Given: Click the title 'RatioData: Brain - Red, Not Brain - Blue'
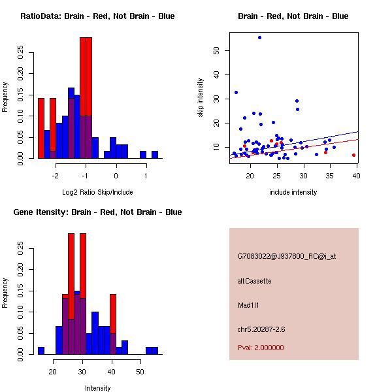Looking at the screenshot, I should coord(97,16).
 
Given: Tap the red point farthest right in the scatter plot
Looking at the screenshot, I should coord(353,155).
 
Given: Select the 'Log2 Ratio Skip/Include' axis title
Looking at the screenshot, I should coord(98,192).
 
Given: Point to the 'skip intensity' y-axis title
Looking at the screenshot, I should coord(201,98).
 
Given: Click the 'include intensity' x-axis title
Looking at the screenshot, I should coord(293,192).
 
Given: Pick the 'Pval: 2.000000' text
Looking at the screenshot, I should coord(261,348).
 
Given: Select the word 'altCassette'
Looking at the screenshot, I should coord(254,281).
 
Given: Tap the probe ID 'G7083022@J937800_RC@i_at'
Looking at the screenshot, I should coord(287,257).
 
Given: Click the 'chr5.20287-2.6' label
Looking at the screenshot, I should coord(261,328).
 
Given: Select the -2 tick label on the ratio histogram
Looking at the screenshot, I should coord(55,176).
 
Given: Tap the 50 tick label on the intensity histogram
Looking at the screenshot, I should coord(140,372).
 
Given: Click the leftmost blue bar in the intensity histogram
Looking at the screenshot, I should coord(41,350).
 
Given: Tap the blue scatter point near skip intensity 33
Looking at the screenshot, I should coord(236,92).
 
